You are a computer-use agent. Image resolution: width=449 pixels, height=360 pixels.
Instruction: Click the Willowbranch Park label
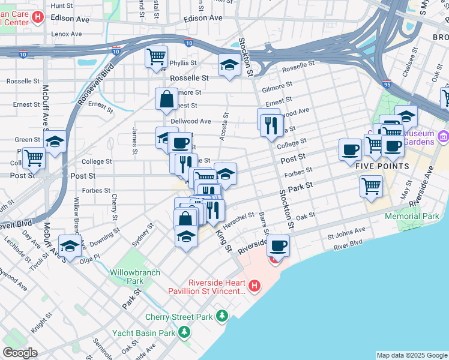[x=135, y=277]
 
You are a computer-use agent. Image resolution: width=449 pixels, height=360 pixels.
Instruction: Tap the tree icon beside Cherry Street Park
[x=223, y=315]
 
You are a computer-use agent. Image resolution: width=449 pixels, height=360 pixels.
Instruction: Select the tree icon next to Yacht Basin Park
[x=185, y=331]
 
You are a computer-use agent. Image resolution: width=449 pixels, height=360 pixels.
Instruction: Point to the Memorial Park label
[x=412, y=216]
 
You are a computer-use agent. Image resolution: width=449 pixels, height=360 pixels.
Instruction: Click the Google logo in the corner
[x=20, y=353]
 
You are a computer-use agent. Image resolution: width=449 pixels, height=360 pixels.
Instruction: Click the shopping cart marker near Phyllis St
[x=156, y=58]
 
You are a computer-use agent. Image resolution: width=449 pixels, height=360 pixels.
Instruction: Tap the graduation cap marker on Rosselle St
[x=229, y=65]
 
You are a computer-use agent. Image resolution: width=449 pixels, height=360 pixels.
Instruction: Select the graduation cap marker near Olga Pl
[x=70, y=246]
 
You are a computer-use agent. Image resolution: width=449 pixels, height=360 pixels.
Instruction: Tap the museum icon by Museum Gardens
[x=443, y=136]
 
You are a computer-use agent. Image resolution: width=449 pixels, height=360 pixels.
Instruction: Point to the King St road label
[x=223, y=238]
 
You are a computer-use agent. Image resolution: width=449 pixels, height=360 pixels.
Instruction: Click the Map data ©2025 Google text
[x=411, y=355]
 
